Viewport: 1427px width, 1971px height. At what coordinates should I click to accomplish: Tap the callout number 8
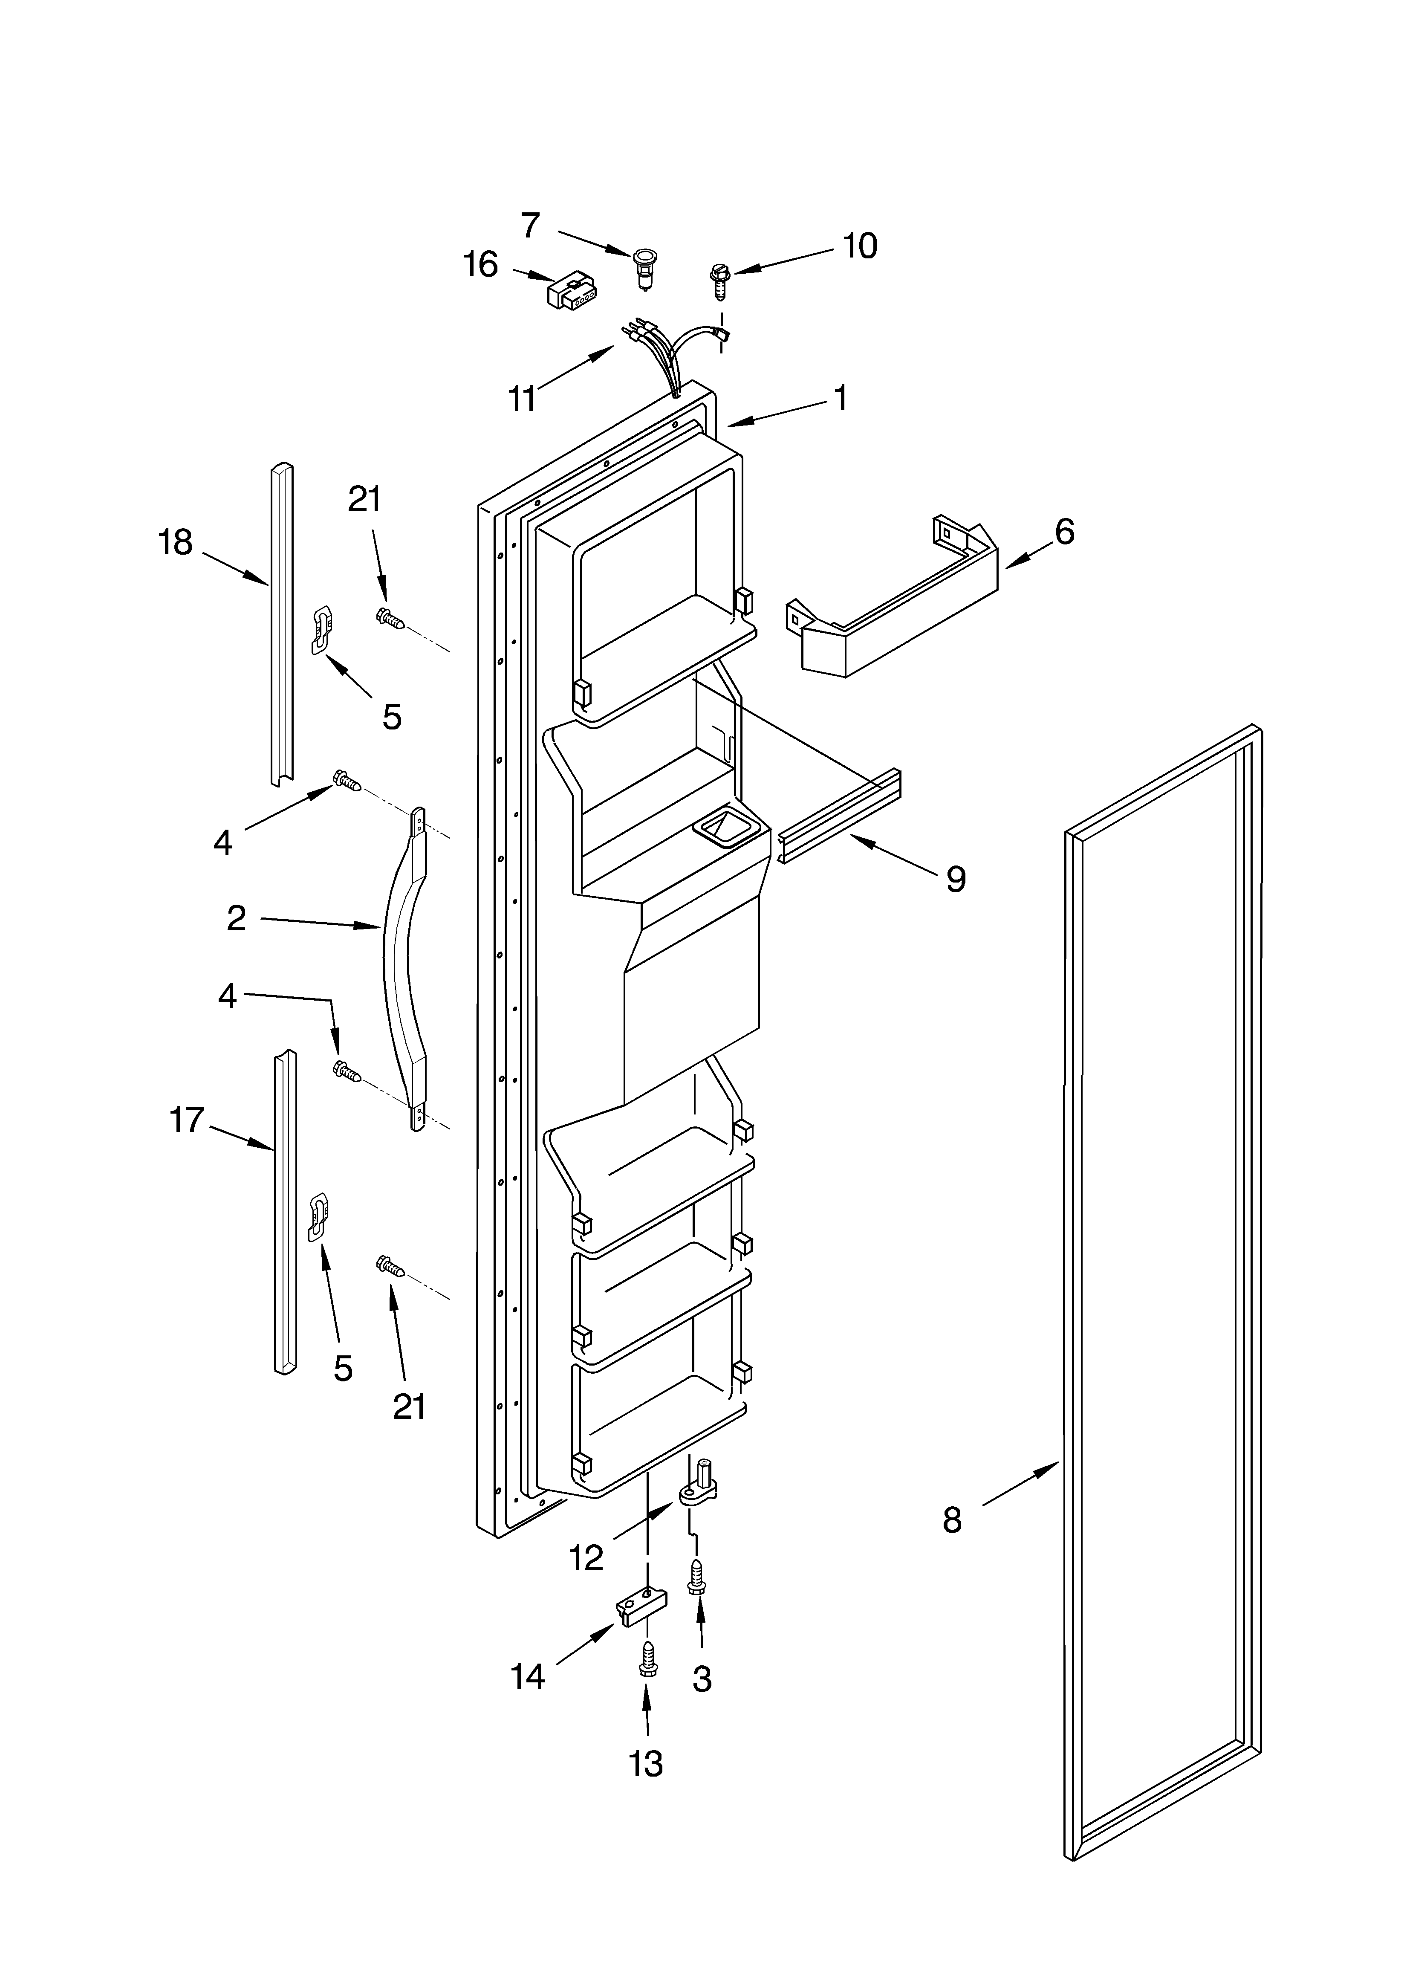pos(953,1520)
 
